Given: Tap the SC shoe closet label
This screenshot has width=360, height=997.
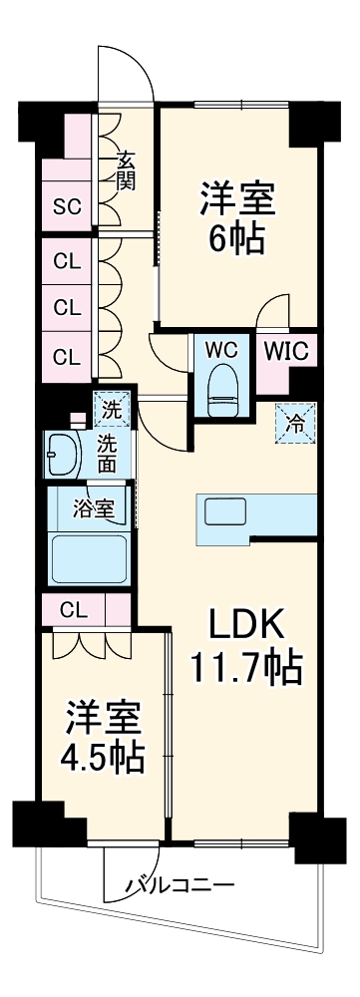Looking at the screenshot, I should coord(67,207).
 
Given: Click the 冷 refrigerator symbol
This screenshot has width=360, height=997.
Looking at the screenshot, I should coord(296,423).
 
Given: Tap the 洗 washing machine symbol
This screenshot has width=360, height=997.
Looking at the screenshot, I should coord(113,409).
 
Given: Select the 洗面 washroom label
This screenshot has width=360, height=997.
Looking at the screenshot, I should coord(107,454).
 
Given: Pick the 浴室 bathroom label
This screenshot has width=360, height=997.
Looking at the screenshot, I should coord(94,505).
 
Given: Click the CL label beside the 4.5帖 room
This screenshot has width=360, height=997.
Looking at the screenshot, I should coord(72,608).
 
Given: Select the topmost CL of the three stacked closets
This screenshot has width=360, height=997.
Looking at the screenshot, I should coord(67,263).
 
